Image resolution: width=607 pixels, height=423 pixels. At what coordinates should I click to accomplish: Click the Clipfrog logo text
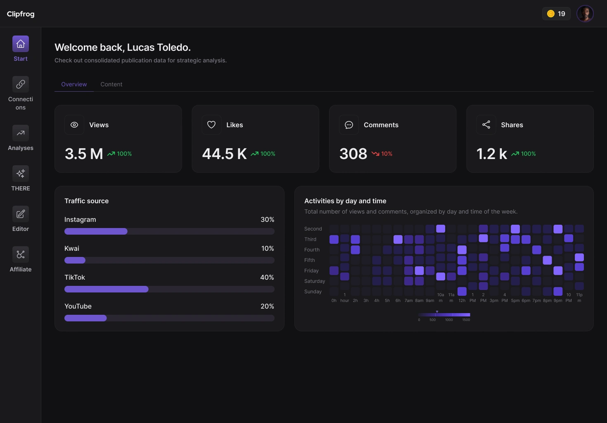tap(21, 14)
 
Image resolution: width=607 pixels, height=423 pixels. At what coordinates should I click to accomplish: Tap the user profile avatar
tap(585, 14)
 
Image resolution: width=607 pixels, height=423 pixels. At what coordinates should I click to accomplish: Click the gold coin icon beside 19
tap(550, 14)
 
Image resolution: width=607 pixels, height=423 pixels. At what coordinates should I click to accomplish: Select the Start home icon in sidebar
tap(21, 44)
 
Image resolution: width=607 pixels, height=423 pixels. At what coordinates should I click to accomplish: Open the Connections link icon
tap(21, 84)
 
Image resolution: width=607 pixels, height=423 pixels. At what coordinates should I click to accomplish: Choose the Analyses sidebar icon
tap(21, 133)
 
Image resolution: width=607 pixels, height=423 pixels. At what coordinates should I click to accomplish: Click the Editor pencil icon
tap(21, 214)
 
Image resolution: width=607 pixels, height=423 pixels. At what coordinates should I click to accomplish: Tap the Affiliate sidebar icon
tap(21, 254)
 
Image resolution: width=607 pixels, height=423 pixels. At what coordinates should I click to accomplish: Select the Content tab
tap(111, 84)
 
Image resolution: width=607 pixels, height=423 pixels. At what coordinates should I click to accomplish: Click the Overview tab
tap(74, 84)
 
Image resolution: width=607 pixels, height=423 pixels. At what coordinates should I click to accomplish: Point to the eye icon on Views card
tap(74, 125)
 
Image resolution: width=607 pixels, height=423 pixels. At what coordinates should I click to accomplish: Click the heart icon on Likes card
tap(211, 125)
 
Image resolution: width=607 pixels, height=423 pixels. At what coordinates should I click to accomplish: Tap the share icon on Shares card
tap(486, 125)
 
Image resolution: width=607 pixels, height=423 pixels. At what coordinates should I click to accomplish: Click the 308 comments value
tap(353, 154)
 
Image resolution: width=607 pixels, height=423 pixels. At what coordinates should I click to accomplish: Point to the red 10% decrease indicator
tap(382, 154)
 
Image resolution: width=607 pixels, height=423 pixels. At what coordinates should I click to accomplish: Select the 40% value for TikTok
tap(267, 277)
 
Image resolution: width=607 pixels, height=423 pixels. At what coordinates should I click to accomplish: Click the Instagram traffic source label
tap(80, 219)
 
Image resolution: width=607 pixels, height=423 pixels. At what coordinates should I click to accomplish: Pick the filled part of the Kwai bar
tap(75, 260)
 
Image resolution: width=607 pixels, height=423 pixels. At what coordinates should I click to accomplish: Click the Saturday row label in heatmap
tap(315, 281)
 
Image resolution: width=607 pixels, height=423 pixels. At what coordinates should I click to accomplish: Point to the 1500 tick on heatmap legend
tap(466, 320)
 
